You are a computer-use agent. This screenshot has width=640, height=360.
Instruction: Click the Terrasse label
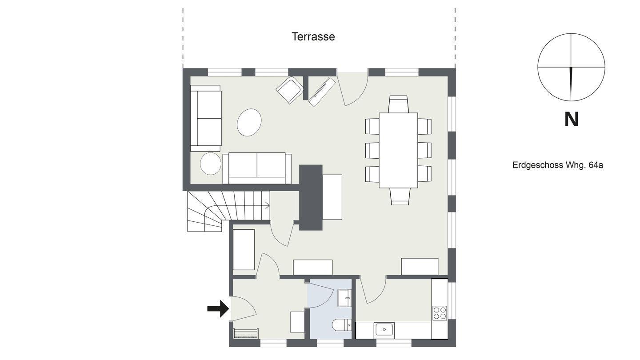click(313, 36)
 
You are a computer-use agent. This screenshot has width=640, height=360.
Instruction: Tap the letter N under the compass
click(572, 120)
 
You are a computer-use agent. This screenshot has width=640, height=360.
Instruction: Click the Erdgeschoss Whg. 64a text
click(558, 165)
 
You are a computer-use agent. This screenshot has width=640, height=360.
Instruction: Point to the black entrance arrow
click(218, 308)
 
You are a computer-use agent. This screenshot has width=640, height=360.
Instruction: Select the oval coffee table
click(249, 122)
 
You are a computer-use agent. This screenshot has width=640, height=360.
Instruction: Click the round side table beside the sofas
click(211, 164)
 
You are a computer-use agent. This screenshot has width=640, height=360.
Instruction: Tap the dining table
click(398, 150)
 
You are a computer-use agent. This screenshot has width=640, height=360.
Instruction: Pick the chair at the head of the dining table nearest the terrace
click(398, 104)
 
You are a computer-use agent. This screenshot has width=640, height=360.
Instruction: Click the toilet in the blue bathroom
click(342, 324)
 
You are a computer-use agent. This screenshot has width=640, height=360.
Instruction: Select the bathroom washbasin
click(344, 298)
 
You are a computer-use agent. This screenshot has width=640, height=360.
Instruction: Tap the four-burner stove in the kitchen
click(440, 313)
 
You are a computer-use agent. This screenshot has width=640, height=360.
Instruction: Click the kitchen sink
click(384, 331)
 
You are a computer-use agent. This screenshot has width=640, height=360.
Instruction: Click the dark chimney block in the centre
click(311, 197)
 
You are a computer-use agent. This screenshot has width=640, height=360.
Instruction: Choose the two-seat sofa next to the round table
click(257, 168)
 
